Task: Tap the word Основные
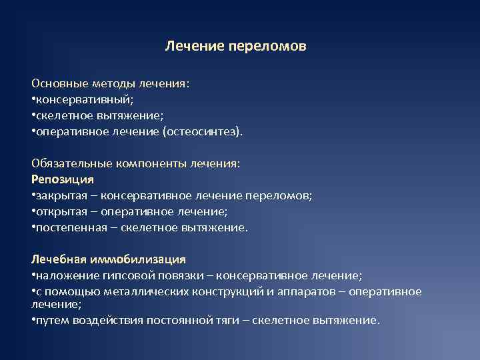click(x=55, y=85)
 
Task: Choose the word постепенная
click(x=67, y=227)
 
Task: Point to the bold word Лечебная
click(x=54, y=259)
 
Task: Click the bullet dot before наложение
click(x=33, y=275)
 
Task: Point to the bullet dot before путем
click(x=33, y=321)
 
